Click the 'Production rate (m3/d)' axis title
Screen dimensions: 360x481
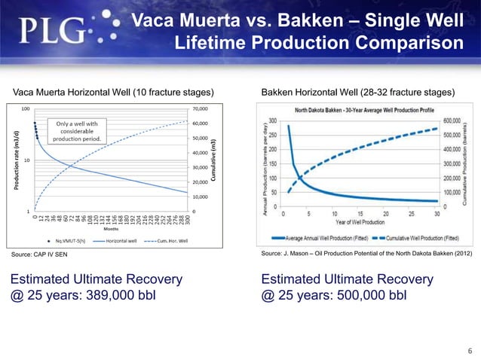(15, 159)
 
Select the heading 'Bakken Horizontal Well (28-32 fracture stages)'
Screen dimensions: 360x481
(357, 93)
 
